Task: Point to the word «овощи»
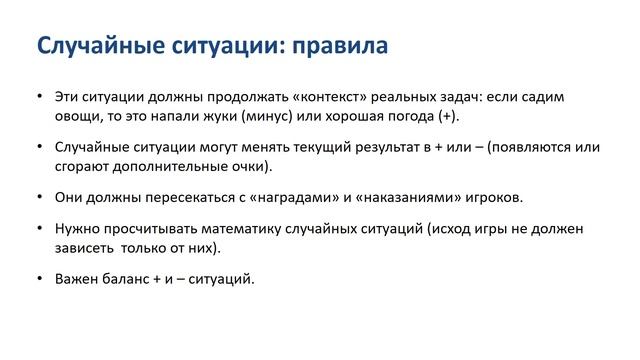coord(77,116)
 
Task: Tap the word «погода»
coord(403,116)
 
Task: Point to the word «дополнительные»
coord(167,165)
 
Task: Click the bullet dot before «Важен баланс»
coord(38,277)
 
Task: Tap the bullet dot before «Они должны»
coord(38,196)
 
